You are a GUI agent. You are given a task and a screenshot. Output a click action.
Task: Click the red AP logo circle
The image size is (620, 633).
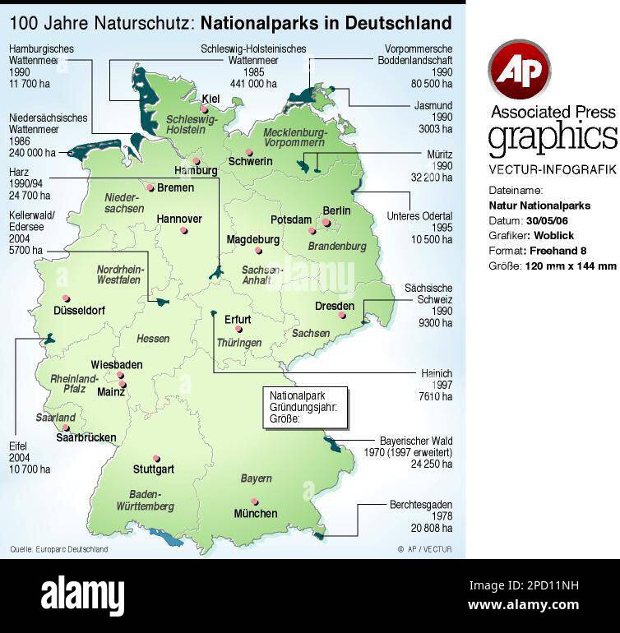(x=519, y=69)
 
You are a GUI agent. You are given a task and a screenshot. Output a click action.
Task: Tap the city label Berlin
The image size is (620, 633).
(x=336, y=211)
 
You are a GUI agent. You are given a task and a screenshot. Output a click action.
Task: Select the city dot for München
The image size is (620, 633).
(x=256, y=501)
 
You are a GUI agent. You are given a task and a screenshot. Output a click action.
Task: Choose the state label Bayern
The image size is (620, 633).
(x=256, y=478)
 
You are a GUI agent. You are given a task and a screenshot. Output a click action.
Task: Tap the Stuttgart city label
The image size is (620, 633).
(x=154, y=469)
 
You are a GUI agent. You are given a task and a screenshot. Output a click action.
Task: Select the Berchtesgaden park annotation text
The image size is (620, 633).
(x=420, y=516)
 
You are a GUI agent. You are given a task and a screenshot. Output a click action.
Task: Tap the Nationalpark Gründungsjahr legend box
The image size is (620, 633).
(x=303, y=407)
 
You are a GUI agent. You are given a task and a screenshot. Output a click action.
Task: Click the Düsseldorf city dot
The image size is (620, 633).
(x=66, y=299)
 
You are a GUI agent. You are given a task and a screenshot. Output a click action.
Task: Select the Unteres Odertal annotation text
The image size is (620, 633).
(x=419, y=228)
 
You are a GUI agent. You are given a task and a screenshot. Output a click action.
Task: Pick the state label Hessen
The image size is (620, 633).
(x=153, y=339)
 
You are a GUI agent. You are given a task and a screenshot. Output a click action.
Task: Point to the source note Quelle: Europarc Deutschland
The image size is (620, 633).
(x=58, y=549)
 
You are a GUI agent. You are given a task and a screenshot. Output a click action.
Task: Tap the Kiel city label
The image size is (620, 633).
(x=211, y=99)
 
